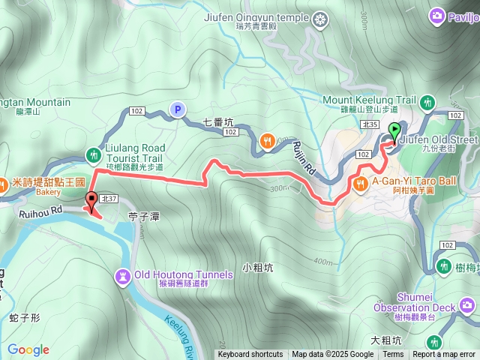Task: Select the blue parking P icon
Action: pyautogui.click(x=177, y=110)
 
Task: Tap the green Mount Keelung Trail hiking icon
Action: pyautogui.click(x=428, y=100)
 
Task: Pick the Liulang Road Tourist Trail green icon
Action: pyautogui.click(x=93, y=154)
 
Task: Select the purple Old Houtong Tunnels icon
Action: pyautogui.click(x=122, y=275)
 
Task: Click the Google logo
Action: pyautogui.click(x=28, y=349)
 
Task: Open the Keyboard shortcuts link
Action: pyautogui.click(x=250, y=355)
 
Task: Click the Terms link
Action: pyautogui.click(x=393, y=355)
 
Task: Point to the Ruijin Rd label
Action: pyautogui.click(x=302, y=160)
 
